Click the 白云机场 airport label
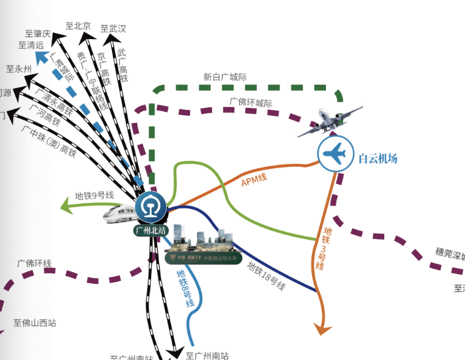click(378, 158)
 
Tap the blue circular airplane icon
click(333, 154)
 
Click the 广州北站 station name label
click(150, 230)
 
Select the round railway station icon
click(151, 208)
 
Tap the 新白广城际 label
click(225, 77)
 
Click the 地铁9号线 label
click(95, 195)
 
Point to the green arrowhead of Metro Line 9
click(66, 206)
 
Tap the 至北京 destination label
click(77, 26)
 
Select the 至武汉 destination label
click(113, 28)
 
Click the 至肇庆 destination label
click(38, 34)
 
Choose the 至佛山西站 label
click(34, 323)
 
